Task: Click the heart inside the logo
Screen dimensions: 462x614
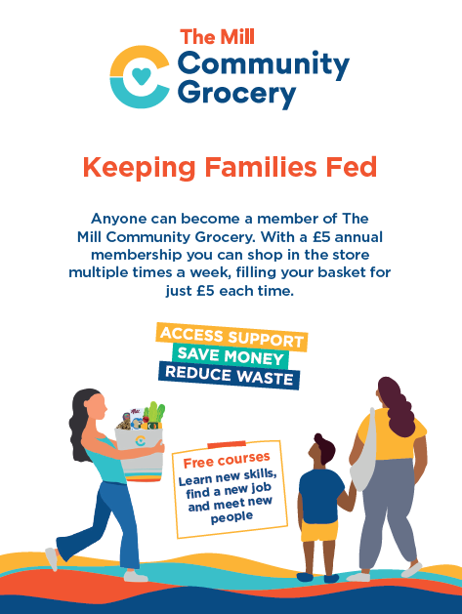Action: [x=141, y=76]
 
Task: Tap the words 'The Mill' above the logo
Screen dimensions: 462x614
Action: [x=218, y=37]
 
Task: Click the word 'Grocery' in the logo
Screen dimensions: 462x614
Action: [x=236, y=94]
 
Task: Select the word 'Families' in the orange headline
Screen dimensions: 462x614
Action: [x=261, y=167]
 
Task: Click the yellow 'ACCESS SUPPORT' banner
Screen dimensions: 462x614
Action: [x=231, y=337]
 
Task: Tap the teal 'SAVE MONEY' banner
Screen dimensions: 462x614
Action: [x=231, y=356]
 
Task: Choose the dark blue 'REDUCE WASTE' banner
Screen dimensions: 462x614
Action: [x=230, y=376]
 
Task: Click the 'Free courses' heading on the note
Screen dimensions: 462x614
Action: [x=227, y=460]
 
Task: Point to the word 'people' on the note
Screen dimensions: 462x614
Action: [x=231, y=517]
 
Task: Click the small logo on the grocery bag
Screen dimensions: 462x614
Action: [x=141, y=440]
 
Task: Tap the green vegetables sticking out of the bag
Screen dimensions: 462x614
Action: [x=153, y=413]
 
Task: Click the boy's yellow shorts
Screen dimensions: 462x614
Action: [x=319, y=531]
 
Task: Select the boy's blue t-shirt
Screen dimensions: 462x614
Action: [x=321, y=495]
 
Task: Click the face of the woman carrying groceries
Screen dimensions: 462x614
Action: [x=98, y=407]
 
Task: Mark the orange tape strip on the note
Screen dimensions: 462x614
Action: [x=227, y=444]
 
